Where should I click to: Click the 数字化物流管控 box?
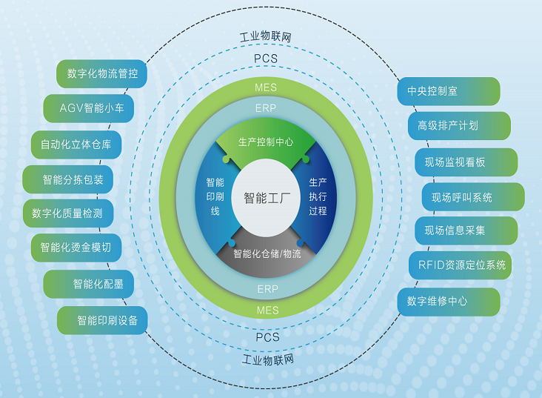101,73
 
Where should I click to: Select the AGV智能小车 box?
89,108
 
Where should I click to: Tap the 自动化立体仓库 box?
76,145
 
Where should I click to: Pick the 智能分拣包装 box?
68,179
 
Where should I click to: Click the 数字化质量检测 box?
68,213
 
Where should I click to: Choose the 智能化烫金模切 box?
76,248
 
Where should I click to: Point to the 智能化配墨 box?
89,284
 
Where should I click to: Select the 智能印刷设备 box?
102,320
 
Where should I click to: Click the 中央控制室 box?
449,91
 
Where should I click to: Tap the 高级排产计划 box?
459,126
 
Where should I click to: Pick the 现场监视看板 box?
466,162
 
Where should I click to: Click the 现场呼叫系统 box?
473,197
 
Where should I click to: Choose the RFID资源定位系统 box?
460,265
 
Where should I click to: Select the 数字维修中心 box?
449,302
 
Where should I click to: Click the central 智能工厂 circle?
266,198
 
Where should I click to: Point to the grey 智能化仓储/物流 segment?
266,253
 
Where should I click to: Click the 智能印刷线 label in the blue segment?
215,196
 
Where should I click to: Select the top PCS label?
266,59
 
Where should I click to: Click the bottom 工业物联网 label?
268,360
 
